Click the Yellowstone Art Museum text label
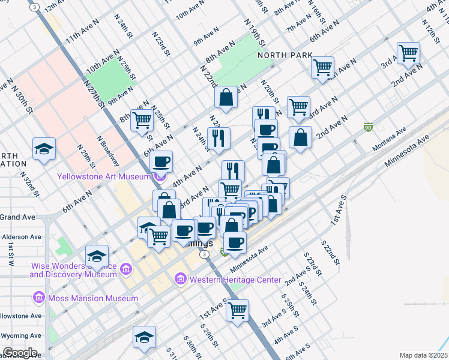103,176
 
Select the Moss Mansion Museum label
94,298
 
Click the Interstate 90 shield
368,127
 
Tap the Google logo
20,353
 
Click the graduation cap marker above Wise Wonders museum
96,256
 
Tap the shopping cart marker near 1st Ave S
238,310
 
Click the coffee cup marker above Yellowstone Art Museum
161,161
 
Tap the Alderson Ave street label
22,237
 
